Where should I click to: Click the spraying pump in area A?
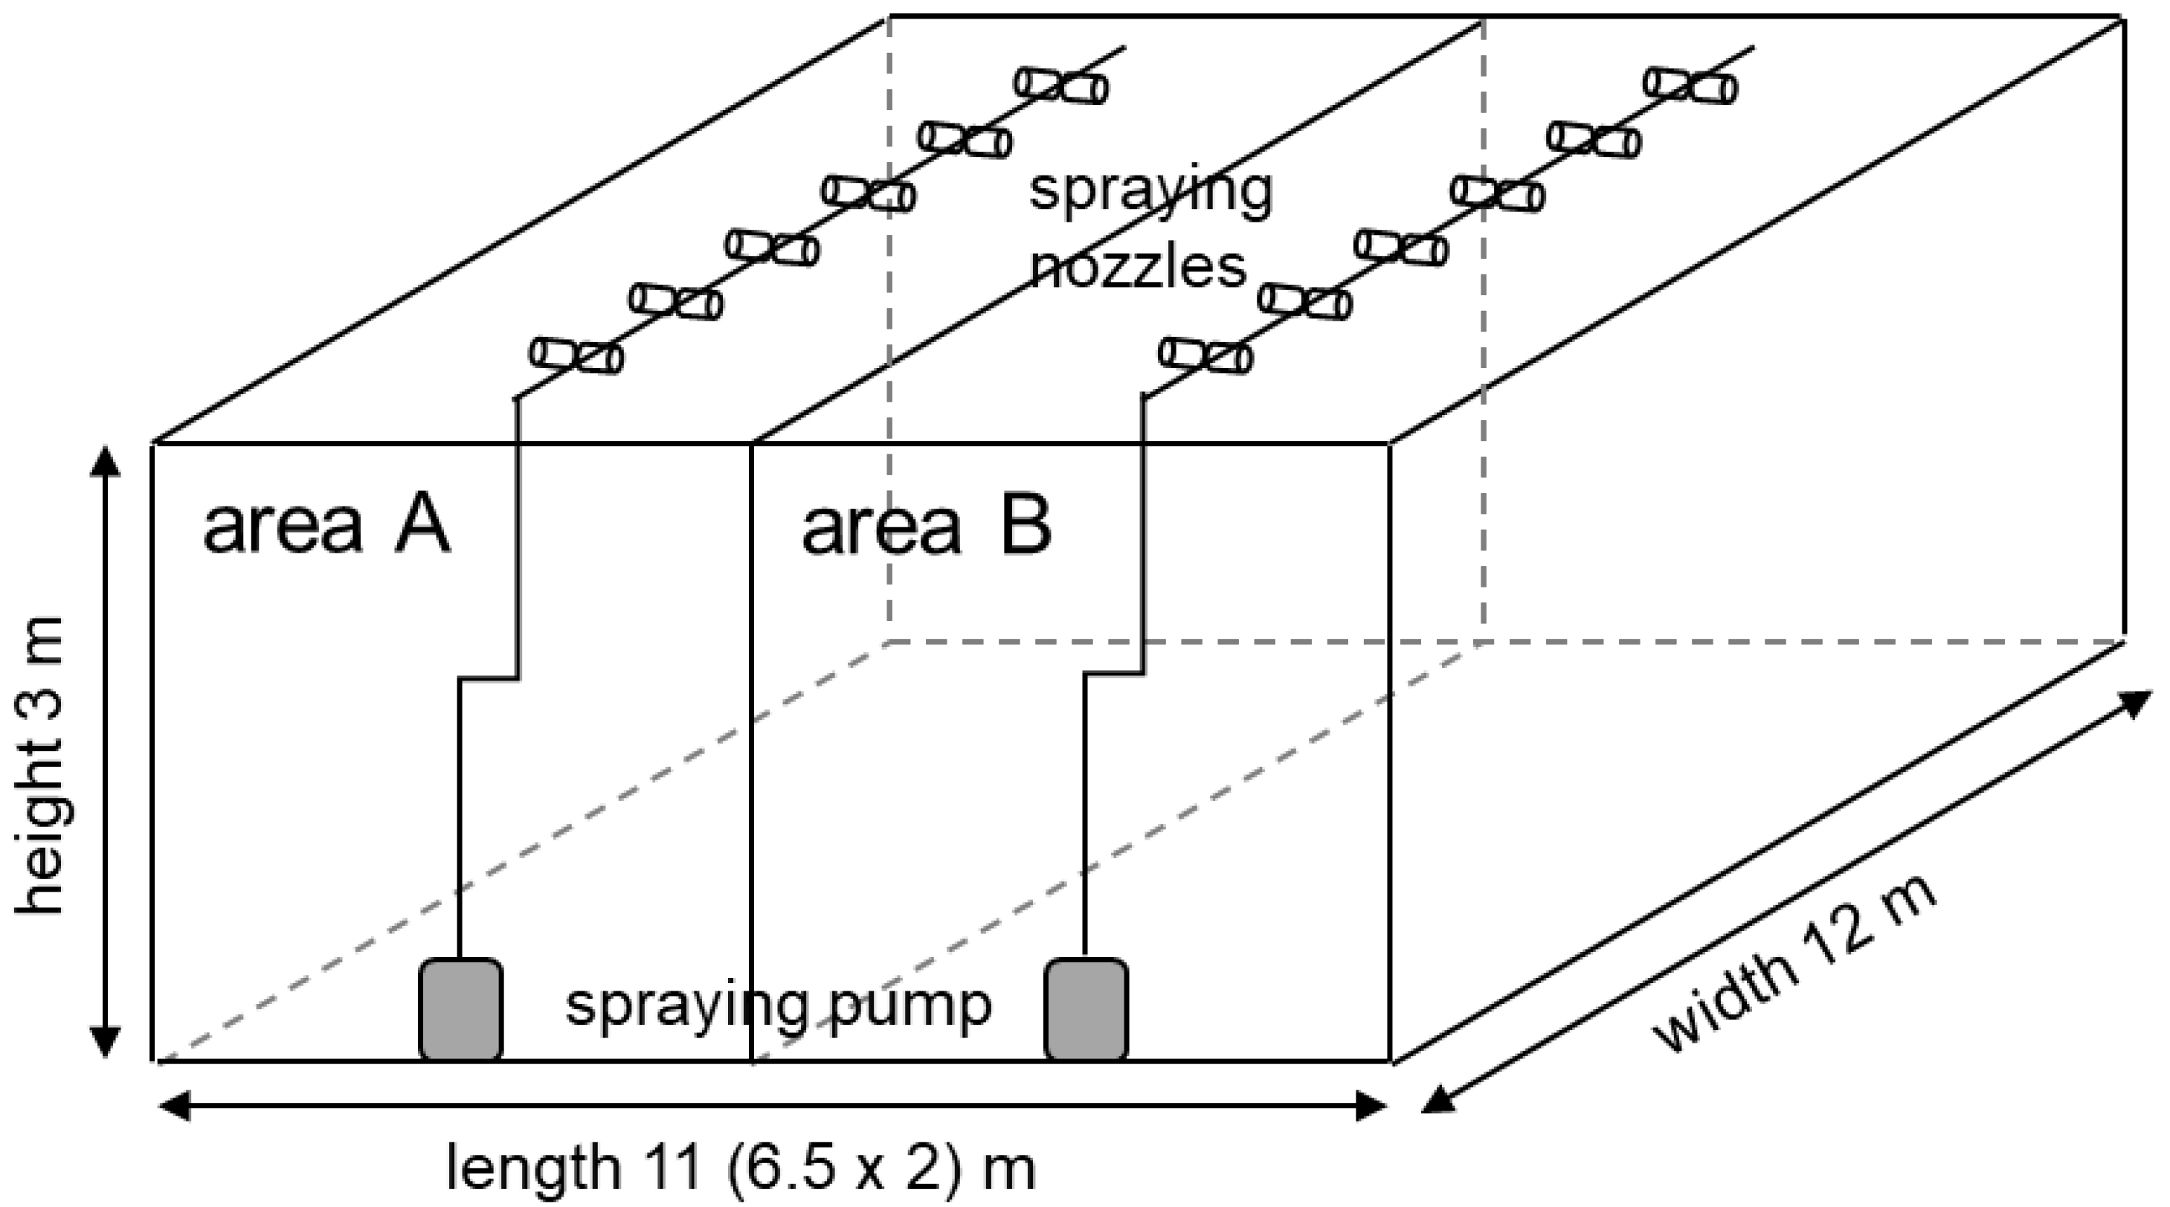pos(461,1008)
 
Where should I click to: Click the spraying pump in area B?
pos(1086,1008)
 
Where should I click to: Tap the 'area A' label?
pos(327,527)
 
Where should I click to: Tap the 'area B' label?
pos(927,527)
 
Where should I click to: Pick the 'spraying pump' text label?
pos(779,1004)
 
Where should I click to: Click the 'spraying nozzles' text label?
pos(1150,228)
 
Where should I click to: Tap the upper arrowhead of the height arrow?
pos(104,462)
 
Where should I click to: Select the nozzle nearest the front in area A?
pos(576,355)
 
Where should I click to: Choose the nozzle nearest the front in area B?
pos(1205,355)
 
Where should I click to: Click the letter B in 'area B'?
pos(1026,527)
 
